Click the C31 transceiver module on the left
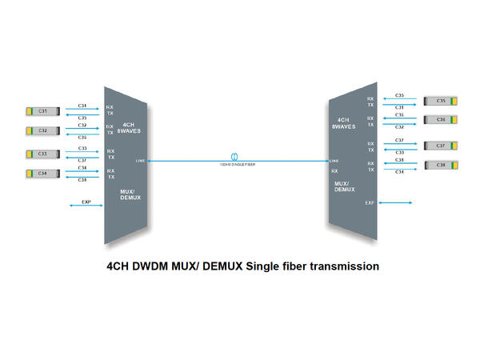pyautogui.click(x=42, y=110)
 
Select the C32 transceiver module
pyautogui.click(x=42, y=130)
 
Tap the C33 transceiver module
pyautogui.click(x=42, y=153)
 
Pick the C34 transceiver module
pyautogui.click(x=42, y=173)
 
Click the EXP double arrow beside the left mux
pyautogui.click(x=86, y=206)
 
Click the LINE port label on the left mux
pyautogui.click(x=142, y=161)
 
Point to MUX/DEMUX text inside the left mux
pyautogui.click(x=130, y=194)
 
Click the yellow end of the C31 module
pyautogui.click(x=29, y=110)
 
